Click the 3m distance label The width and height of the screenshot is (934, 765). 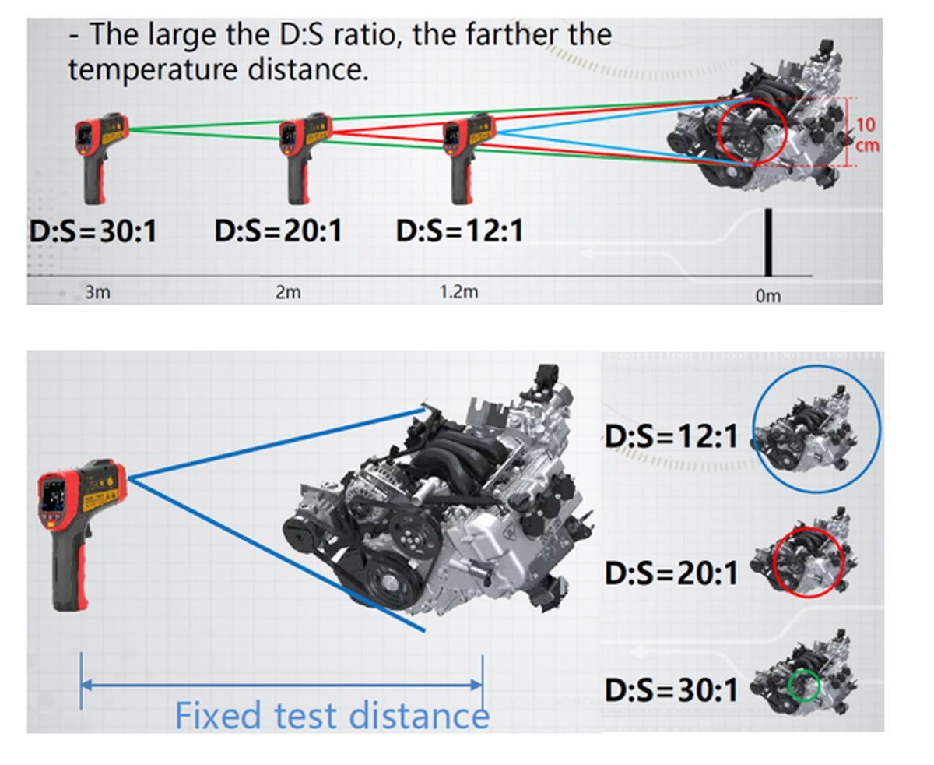98,292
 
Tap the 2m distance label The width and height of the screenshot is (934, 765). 288,292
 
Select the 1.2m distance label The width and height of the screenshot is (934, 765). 458,291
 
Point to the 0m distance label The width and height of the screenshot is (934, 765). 768,296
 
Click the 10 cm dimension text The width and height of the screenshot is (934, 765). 866,135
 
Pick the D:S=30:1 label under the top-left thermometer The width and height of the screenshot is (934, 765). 93,231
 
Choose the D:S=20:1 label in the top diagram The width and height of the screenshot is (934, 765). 279,231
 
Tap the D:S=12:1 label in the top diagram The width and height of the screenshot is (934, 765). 460,231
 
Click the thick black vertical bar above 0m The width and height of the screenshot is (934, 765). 768,242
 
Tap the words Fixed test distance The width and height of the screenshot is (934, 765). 332,715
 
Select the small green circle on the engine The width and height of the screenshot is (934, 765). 804,686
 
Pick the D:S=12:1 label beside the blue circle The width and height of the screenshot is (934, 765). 672,436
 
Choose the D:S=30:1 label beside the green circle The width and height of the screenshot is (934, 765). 672,690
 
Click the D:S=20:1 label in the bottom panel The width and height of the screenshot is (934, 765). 672,573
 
